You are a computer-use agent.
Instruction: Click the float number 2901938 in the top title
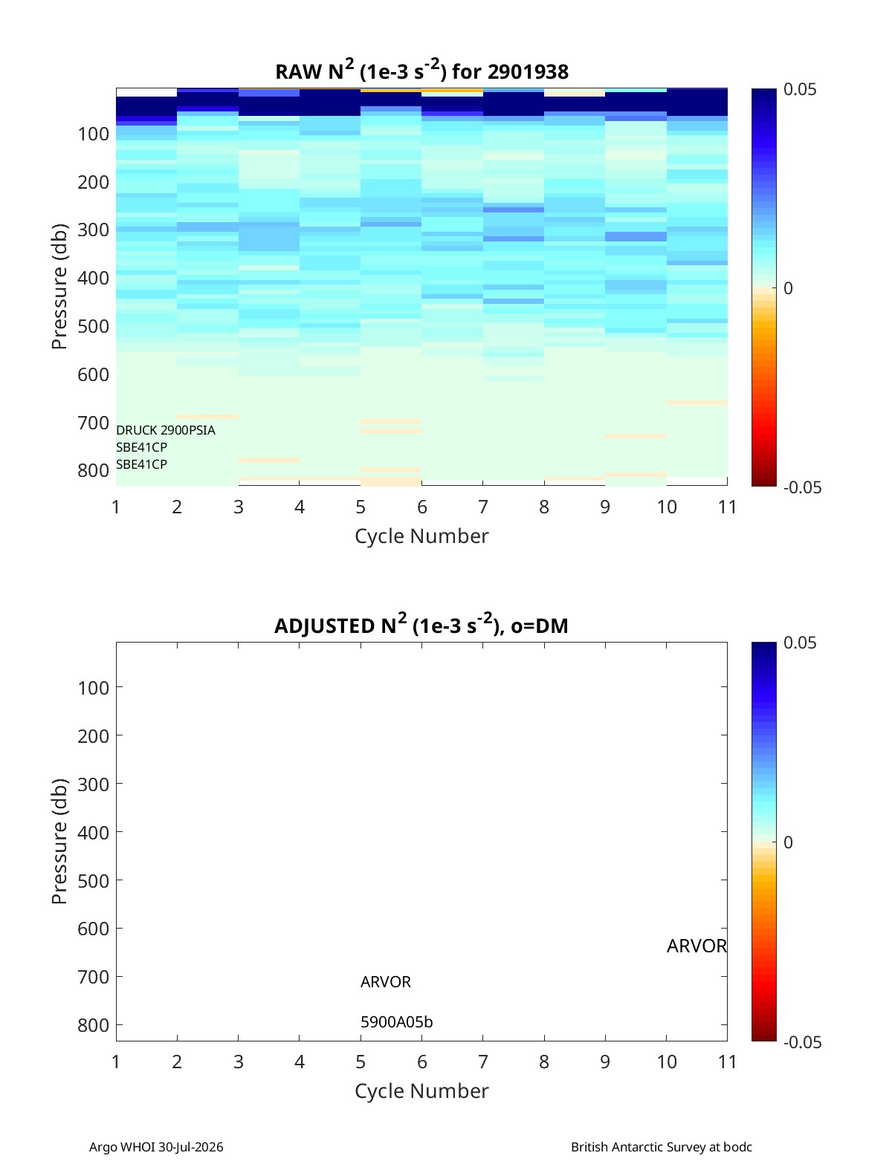528,72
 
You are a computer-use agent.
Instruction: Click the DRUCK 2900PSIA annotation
165,430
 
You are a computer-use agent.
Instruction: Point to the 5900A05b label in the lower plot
397,1022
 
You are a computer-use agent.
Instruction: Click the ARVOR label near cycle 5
386,982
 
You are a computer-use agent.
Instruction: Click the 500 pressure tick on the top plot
94,326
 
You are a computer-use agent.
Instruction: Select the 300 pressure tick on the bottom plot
94,784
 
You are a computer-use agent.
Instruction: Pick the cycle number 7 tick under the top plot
483,507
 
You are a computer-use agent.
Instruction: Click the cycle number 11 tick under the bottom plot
727,1062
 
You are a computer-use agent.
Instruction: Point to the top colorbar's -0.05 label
802,487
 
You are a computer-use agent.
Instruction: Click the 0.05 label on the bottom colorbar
800,643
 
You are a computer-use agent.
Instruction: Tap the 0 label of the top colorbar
787,288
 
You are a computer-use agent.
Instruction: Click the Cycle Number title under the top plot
421,536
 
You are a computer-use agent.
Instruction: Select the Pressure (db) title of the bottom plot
59,841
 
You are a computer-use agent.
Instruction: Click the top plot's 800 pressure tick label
94,471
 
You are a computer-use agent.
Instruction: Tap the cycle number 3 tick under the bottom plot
239,1062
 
